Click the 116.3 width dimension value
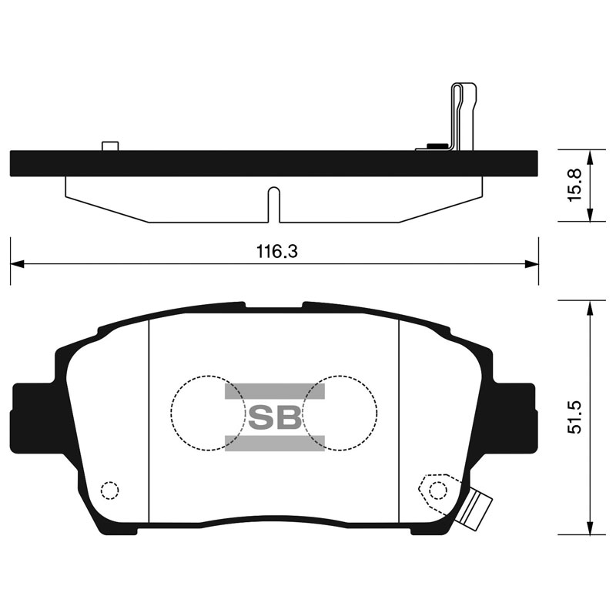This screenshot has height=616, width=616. pyautogui.click(x=277, y=251)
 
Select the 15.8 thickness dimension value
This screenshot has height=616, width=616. pyautogui.click(x=574, y=186)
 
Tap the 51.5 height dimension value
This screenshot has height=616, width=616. pyautogui.click(x=574, y=417)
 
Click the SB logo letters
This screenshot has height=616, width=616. pyautogui.click(x=275, y=417)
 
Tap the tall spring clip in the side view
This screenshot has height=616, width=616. pyautogui.click(x=464, y=117)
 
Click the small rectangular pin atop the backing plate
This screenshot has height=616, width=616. pyautogui.click(x=110, y=146)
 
